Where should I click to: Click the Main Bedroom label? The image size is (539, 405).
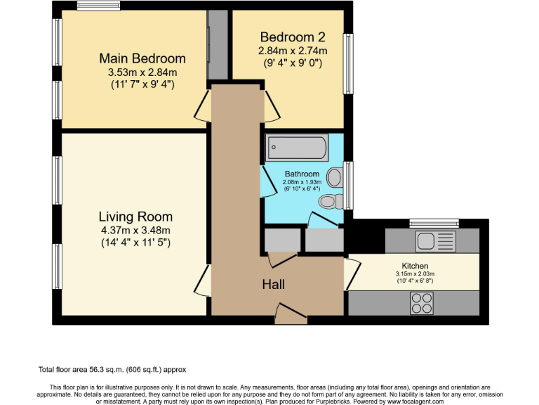tap(142, 58)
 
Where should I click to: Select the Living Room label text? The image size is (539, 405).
tap(135, 217)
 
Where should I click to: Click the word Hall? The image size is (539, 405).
tap(273, 284)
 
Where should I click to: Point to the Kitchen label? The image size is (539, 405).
tap(415, 266)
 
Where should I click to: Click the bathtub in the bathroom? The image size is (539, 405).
tap(297, 148)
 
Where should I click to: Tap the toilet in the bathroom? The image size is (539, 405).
tap(329, 202)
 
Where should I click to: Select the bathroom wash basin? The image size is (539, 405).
tap(335, 176)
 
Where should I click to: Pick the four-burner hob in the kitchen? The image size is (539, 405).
tap(421, 303)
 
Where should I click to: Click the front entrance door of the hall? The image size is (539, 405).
tap(291, 314)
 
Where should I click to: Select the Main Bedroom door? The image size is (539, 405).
tap(201, 106)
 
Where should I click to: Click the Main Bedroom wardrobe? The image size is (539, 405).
tap(218, 44)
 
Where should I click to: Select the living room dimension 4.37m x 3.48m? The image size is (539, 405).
tap(135, 230)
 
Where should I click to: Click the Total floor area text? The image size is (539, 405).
tap(112, 369)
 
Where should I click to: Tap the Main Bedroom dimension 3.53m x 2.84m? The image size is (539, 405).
tap(142, 72)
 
